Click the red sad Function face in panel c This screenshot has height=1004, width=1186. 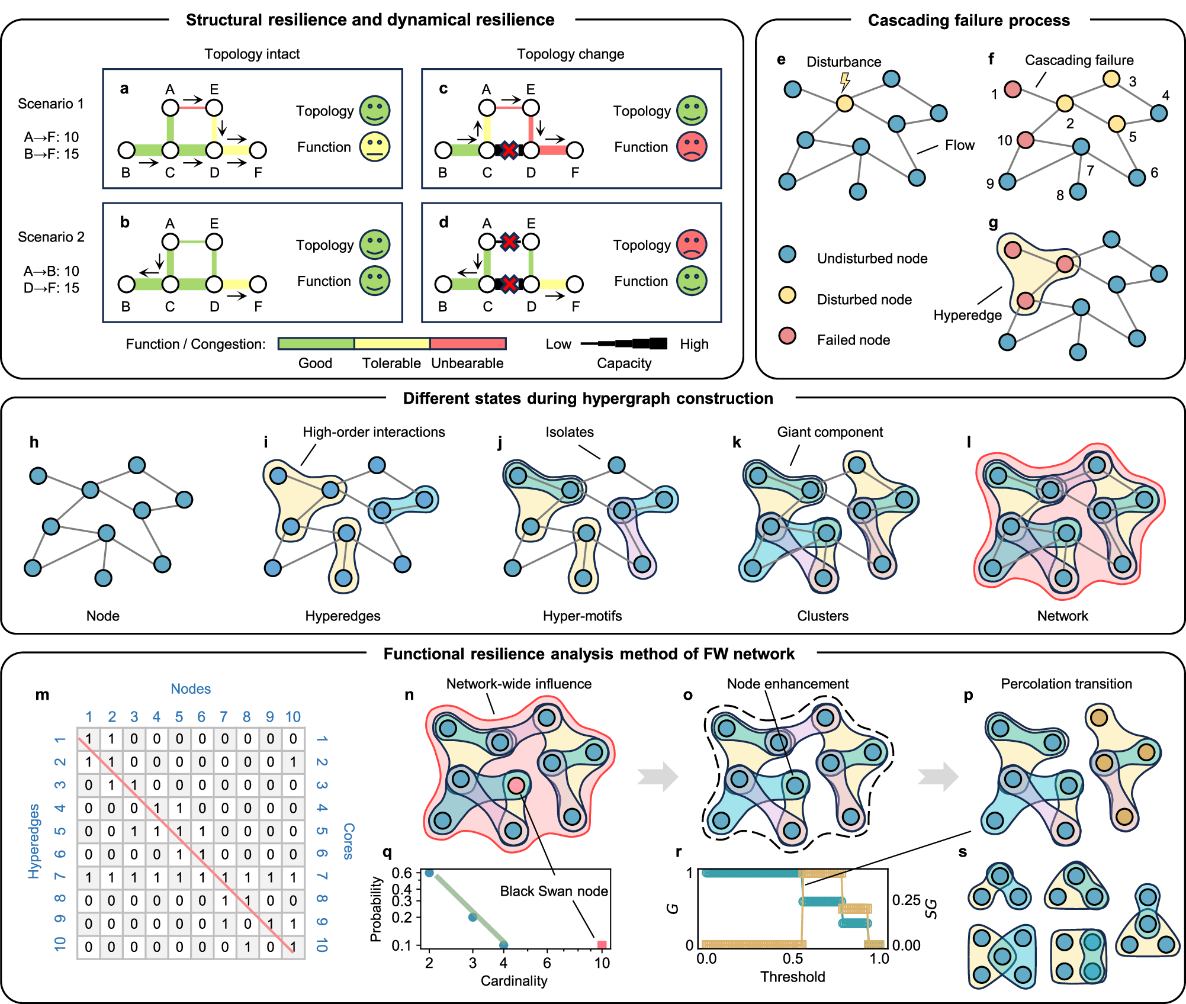692,147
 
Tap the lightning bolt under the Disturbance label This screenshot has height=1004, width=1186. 846,81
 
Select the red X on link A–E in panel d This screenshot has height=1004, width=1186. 509,242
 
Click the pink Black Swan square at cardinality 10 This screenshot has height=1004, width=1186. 602,945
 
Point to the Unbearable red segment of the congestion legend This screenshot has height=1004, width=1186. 468,344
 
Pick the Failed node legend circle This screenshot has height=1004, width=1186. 787,336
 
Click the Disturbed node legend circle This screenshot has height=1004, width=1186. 787,295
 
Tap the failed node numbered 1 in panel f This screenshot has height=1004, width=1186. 1013,89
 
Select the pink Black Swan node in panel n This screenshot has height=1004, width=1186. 516,786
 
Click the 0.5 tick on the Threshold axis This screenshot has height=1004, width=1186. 793,958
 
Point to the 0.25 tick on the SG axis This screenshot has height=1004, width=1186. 906,900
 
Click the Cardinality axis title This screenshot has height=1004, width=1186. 513,981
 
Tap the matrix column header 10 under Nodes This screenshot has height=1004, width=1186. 293,717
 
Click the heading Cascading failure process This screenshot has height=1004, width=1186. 969,21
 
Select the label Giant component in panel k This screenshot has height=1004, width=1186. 830,432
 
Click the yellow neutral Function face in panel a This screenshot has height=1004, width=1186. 375,147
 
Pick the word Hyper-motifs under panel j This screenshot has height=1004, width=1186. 582,616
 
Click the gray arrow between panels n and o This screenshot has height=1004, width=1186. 657,776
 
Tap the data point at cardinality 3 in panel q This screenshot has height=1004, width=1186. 473,917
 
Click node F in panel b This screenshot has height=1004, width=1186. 258,284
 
